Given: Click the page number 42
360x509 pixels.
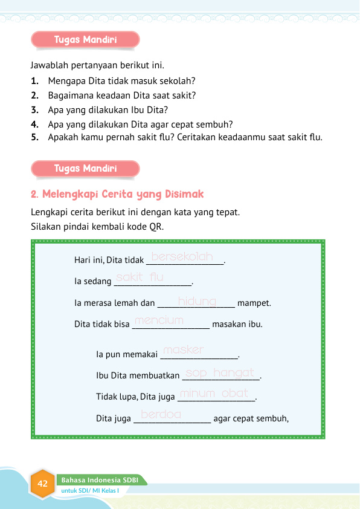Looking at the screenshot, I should [42, 484].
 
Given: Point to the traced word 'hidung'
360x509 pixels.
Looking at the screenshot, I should [197, 300].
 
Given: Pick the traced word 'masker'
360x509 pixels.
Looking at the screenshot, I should [184, 350].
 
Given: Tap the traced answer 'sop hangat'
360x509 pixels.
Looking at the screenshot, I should [220, 374].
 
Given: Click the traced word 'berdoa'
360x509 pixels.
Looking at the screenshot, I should [161, 414].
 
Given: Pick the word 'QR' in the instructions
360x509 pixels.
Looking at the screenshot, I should [156, 227].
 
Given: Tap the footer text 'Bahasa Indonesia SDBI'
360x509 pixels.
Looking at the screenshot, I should [100, 480].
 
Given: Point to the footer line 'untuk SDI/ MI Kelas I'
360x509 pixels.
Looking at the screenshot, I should [94, 490].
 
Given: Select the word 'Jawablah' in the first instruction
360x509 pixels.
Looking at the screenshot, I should [51, 64].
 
